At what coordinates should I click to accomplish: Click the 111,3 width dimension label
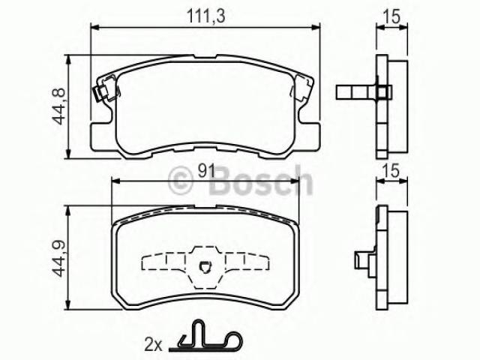pyautogui.click(x=206, y=16)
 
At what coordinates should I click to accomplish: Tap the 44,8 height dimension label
pyautogui.click(x=58, y=106)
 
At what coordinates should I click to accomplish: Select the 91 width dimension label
pyautogui.click(x=206, y=171)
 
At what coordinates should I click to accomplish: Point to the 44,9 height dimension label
pyautogui.click(x=58, y=259)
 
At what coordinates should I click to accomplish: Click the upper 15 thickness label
pyautogui.click(x=391, y=16)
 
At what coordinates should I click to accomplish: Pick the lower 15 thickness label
pyautogui.click(x=391, y=171)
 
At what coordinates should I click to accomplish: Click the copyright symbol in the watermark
pyautogui.click(x=181, y=181)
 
